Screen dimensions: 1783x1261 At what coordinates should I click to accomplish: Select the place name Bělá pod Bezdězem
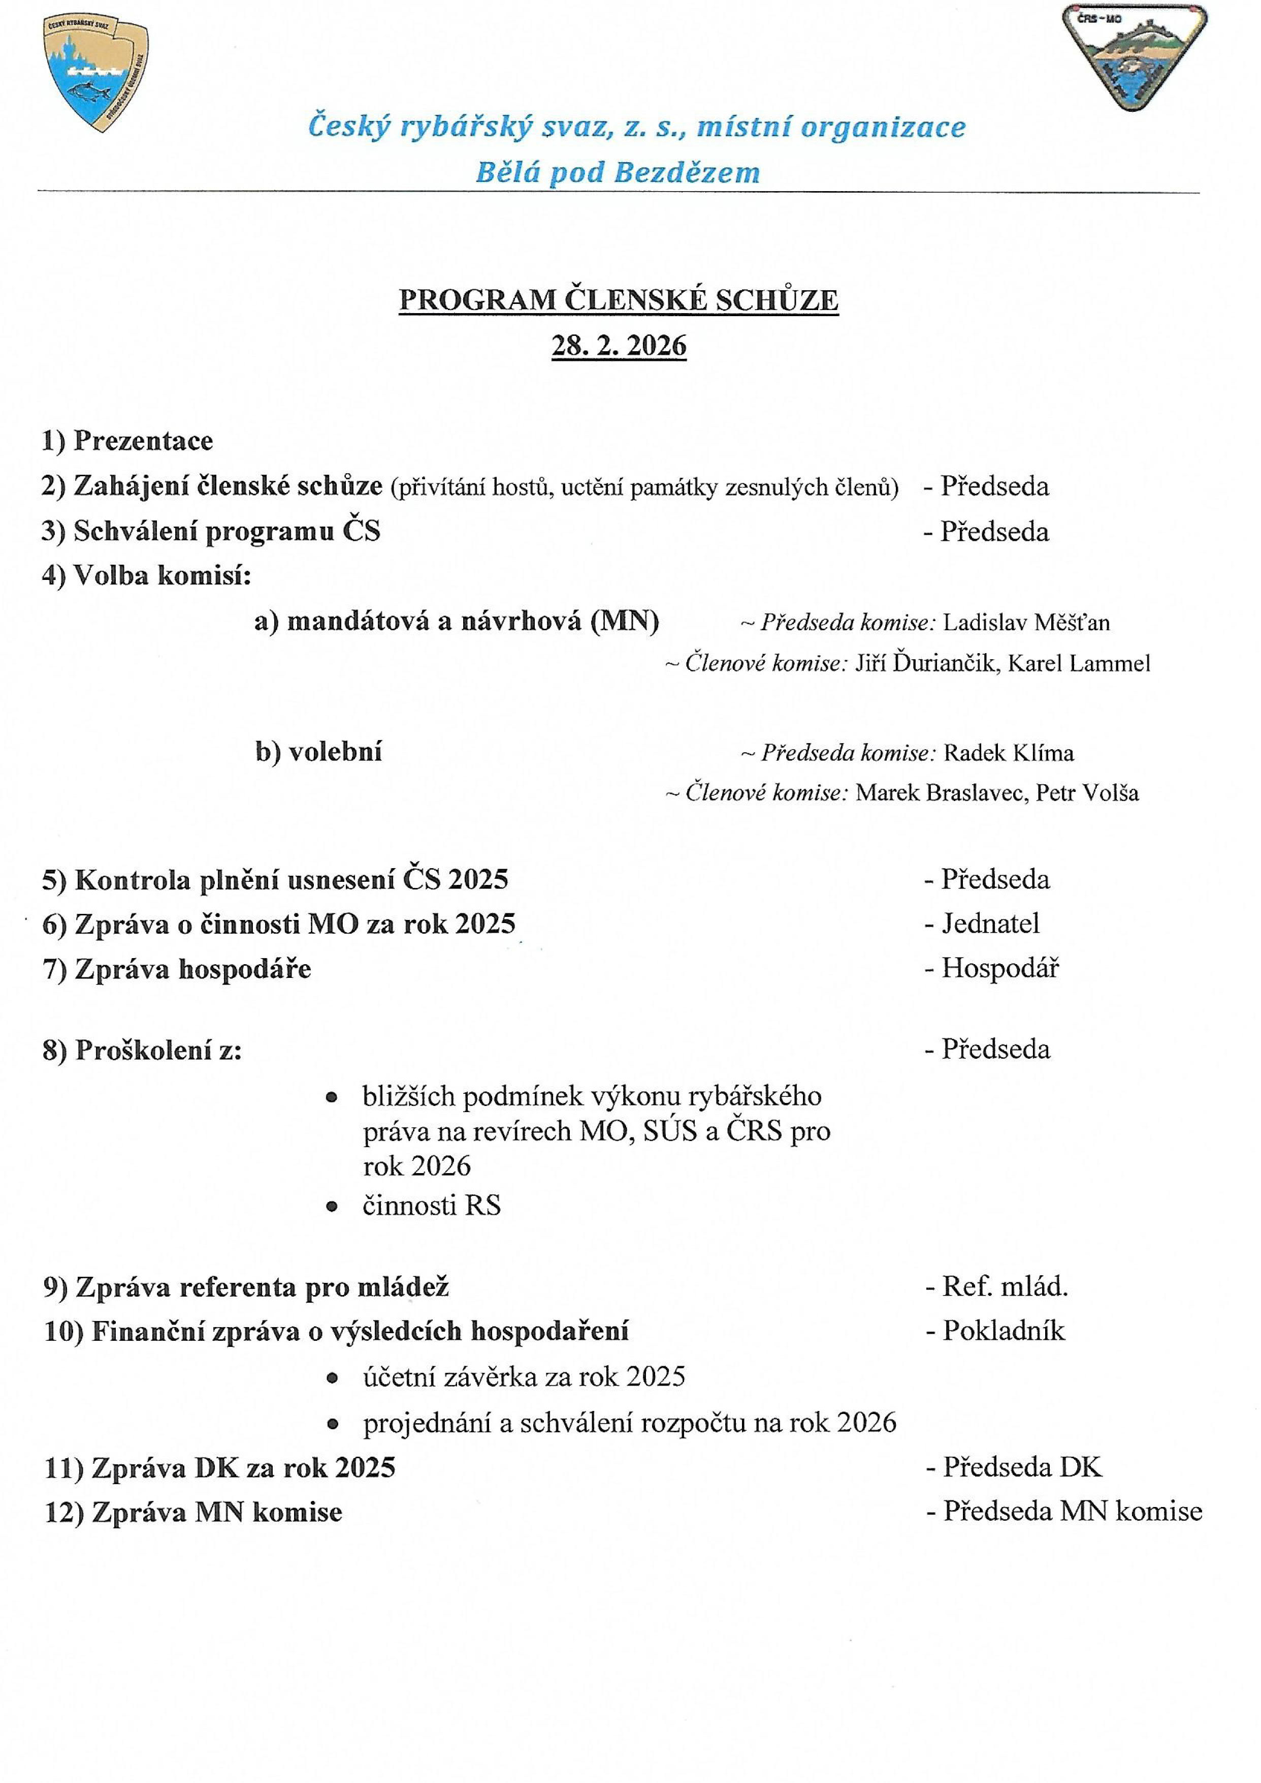pos(618,172)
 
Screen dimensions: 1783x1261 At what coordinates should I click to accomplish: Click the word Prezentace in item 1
pos(144,441)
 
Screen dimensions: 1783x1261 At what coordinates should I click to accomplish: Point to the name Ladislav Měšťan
pos(1026,622)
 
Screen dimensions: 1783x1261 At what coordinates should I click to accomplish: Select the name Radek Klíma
pos(1009,753)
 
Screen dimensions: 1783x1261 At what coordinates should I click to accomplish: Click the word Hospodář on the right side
pos(999,969)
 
